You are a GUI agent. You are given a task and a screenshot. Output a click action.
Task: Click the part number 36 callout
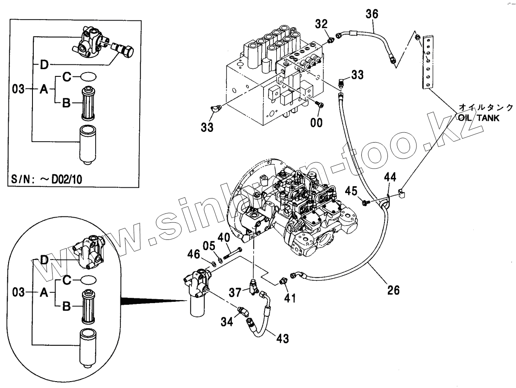point(372,14)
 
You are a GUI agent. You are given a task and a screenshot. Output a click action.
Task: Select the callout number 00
point(317,123)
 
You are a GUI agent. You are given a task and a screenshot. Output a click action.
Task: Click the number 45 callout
point(352,190)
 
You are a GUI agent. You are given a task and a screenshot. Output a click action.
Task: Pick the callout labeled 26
point(393,290)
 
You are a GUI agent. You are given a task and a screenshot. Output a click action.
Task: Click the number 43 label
point(282,339)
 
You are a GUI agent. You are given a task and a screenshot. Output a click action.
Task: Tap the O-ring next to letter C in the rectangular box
point(88,77)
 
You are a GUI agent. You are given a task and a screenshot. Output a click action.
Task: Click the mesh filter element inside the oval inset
point(89,306)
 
